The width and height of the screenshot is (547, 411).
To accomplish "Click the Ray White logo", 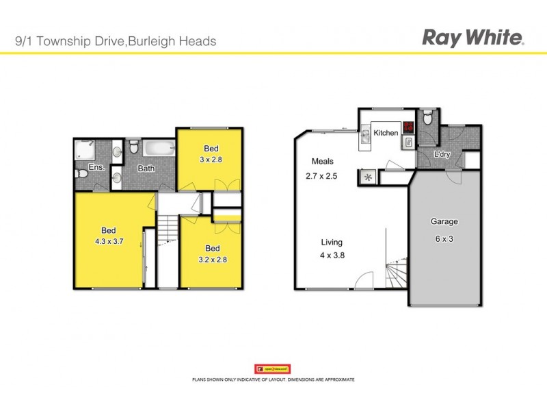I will click(x=473, y=38).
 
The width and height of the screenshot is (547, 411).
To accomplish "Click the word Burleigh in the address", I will click(x=150, y=41).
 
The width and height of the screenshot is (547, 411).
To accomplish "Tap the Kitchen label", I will click(x=386, y=133).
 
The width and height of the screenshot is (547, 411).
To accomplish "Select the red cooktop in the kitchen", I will click(x=408, y=127).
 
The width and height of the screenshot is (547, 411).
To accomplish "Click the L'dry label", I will click(x=442, y=155).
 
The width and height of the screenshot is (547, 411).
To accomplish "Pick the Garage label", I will click(x=444, y=222).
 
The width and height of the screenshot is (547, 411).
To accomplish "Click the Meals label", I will click(x=322, y=162).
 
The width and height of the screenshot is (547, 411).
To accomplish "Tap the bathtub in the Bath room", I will click(x=159, y=147).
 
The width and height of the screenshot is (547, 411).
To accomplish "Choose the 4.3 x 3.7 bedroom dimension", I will click(x=109, y=241).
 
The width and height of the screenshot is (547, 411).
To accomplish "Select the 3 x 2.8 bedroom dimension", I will click(x=211, y=160).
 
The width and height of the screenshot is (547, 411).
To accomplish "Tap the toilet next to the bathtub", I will click(x=134, y=147).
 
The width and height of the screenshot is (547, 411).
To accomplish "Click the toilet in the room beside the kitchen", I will click(x=427, y=119).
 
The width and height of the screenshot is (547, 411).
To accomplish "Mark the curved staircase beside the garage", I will click(x=396, y=275).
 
